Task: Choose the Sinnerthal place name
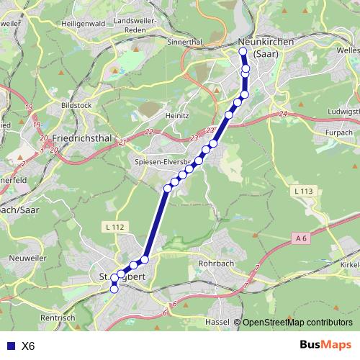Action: coord(184,42)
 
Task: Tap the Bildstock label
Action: coord(77,105)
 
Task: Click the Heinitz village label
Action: coord(176,115)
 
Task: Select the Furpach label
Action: coord(338,133)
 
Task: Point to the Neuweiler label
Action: coord(27,257)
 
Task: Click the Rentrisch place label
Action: coord(59,318)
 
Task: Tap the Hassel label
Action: coord(217,321)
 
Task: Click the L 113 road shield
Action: coord(305,191)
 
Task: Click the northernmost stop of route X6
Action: coord(243,52)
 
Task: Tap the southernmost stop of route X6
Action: coord(114,289)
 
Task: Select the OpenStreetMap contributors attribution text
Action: coord(297,322)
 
